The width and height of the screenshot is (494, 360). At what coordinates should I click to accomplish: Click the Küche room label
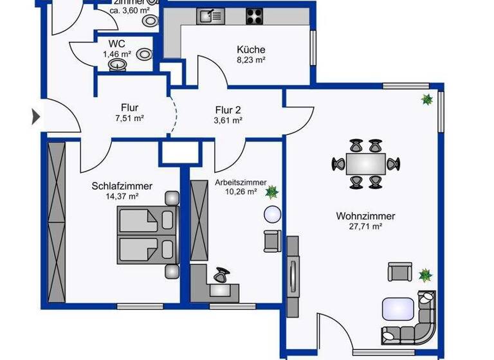click(251, 50)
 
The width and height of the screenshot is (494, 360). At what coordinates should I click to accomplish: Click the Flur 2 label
click(228, 109)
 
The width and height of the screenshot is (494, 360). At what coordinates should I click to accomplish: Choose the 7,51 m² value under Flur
click(129, 119)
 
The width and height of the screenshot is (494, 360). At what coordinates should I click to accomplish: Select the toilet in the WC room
click(145, 55)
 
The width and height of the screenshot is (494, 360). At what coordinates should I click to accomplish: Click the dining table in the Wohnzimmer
click(365, 164)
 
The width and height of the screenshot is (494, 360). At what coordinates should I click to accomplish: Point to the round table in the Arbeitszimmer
click(272, 214)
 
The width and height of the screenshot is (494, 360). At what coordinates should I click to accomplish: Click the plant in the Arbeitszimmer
click(273, 191)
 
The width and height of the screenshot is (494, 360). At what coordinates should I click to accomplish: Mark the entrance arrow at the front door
click(36, 117)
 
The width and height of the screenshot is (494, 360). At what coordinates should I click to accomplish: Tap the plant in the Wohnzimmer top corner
click(426, 100)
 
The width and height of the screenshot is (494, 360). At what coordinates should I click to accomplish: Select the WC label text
click(117, 44)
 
